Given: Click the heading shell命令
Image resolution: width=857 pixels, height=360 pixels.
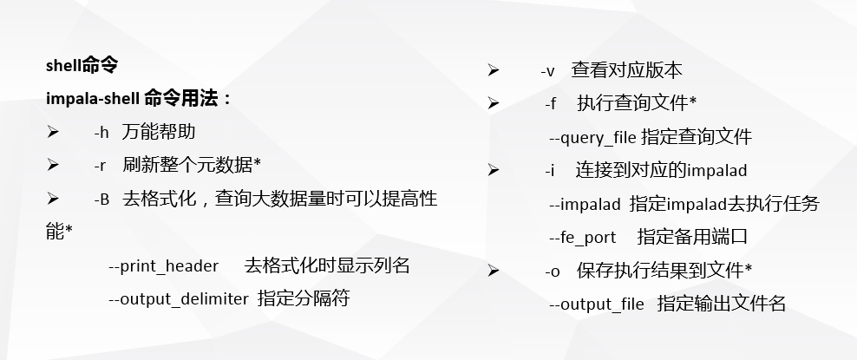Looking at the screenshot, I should [x=82, y=66].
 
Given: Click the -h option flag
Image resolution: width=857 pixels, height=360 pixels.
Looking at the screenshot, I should [x=101, y=132].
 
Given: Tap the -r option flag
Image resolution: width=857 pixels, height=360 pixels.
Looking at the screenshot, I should [x=101, y=165].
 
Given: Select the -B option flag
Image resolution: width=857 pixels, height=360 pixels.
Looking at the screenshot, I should [x=101, y=200].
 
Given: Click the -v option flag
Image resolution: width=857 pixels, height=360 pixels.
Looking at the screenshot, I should [x=547, y=71].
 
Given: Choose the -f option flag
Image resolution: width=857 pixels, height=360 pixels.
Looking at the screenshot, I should [x=551, y=104].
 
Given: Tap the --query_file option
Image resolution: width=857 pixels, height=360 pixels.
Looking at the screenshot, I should [x=592, y=137].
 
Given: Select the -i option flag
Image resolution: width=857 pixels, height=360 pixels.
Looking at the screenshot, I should [x=549, y=171].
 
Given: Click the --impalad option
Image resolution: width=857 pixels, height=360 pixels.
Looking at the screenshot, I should [x=585, y=205].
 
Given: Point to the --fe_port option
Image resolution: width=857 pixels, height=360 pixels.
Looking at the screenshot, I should [x=582, y=238].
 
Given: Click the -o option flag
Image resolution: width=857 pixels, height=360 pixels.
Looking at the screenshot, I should [x=553, y=272].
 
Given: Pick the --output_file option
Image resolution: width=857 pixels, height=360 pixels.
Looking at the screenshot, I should [x=597, y=304].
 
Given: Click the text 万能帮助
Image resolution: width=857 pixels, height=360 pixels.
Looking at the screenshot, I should [x=159, y=132].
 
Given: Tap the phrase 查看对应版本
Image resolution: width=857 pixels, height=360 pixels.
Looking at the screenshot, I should [x=627, y=70].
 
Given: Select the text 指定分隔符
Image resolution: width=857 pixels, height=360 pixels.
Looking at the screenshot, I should [x=304, y=299].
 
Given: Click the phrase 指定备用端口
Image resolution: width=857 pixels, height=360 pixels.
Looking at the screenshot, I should [x=692, y=237].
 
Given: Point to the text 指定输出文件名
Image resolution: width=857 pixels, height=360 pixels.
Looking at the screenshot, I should [x=722, y=304].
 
